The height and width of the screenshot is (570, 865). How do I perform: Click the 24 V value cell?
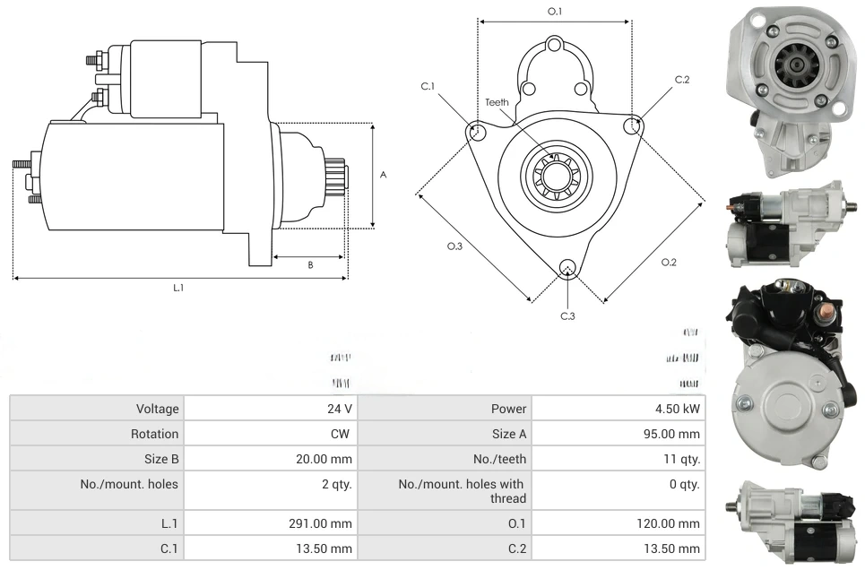339,409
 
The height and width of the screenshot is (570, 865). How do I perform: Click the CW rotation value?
342,434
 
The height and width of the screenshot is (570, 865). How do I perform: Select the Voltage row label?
158,409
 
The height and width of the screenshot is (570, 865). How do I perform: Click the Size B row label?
159,459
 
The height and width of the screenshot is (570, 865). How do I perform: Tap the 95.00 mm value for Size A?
679,434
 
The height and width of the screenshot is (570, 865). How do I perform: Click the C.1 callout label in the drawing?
428,86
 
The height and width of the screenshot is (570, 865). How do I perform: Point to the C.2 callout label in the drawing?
682,80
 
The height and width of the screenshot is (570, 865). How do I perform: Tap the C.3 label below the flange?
567,315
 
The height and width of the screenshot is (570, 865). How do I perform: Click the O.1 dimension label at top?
555,11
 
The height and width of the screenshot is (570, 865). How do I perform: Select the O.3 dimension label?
454,246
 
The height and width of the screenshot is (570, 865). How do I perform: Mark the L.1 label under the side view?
178,288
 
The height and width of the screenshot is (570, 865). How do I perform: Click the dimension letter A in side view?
383,175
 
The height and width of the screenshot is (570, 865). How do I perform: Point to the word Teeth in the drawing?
497,102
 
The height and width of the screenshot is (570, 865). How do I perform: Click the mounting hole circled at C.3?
567,268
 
